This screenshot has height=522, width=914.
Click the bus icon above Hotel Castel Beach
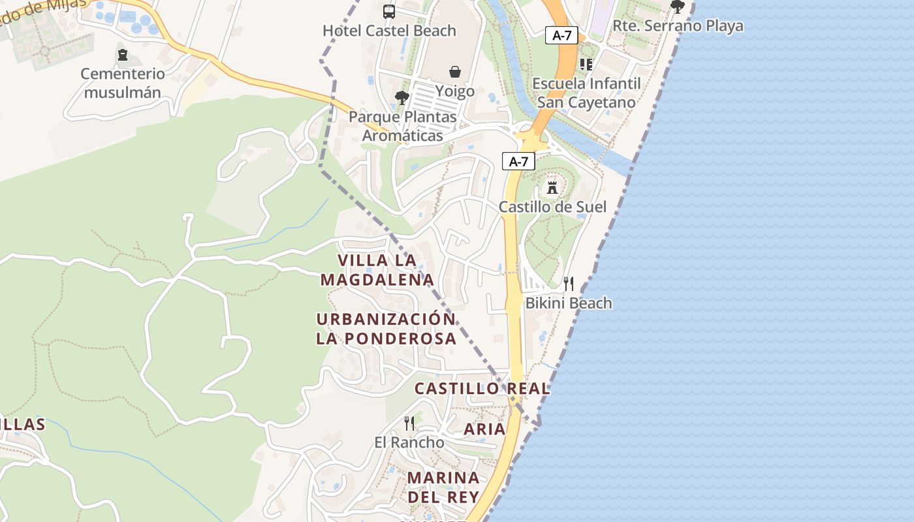point(389,11)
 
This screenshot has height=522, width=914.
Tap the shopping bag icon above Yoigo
point(455,71)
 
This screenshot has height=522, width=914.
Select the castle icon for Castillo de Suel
point(552,188)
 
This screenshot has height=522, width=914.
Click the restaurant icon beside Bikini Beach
point(569,283)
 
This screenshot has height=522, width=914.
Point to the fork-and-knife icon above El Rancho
point(409,423)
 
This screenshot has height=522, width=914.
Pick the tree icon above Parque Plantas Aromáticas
point(402,98)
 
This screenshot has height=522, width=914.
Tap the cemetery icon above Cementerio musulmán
point(122,55)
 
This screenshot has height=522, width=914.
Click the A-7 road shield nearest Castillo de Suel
point(518,161)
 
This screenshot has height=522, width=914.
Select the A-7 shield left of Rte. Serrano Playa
point(561,35)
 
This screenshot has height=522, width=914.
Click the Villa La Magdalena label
point(377,270)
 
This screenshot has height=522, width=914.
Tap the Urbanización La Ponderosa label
point(386,329)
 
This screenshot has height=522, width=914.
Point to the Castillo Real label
point(482,389)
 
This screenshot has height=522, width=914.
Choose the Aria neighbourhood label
point(484,429)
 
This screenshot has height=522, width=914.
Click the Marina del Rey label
point(443,487)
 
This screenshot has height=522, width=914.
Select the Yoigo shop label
point(455,91)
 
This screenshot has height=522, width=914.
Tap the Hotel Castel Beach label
point(389,31)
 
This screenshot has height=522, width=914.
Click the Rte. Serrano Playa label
point(678,26)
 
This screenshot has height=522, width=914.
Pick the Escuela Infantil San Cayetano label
point(586,93)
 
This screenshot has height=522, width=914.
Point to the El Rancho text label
point(409,442)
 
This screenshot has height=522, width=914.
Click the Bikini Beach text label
point(569,303)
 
